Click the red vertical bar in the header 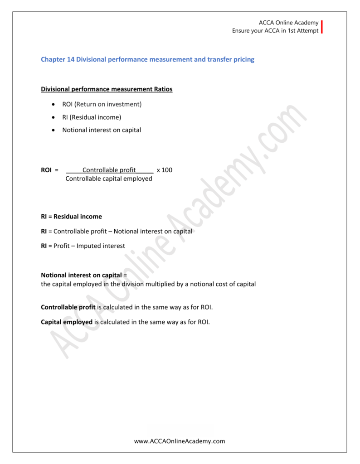tap(322, 27)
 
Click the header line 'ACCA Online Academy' tap(288, 23)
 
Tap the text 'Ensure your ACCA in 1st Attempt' tap(275, 31)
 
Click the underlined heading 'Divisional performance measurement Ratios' tap(107, 89)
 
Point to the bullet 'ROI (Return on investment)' tap(102, 104)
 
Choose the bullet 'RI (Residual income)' tap(92, 117)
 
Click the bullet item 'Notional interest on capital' tap(102, 130)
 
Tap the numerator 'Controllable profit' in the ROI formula tap(109, 170)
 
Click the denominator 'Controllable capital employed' tap(109, 179)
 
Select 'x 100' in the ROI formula tap(165, 170)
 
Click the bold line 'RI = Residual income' tap(72, 217)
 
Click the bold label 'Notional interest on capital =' tap(83, 275)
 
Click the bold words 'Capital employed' tap(67, 322)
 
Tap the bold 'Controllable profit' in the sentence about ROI tap(68, 307)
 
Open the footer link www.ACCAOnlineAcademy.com tap(180, 441)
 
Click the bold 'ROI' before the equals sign tap(46, 170)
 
